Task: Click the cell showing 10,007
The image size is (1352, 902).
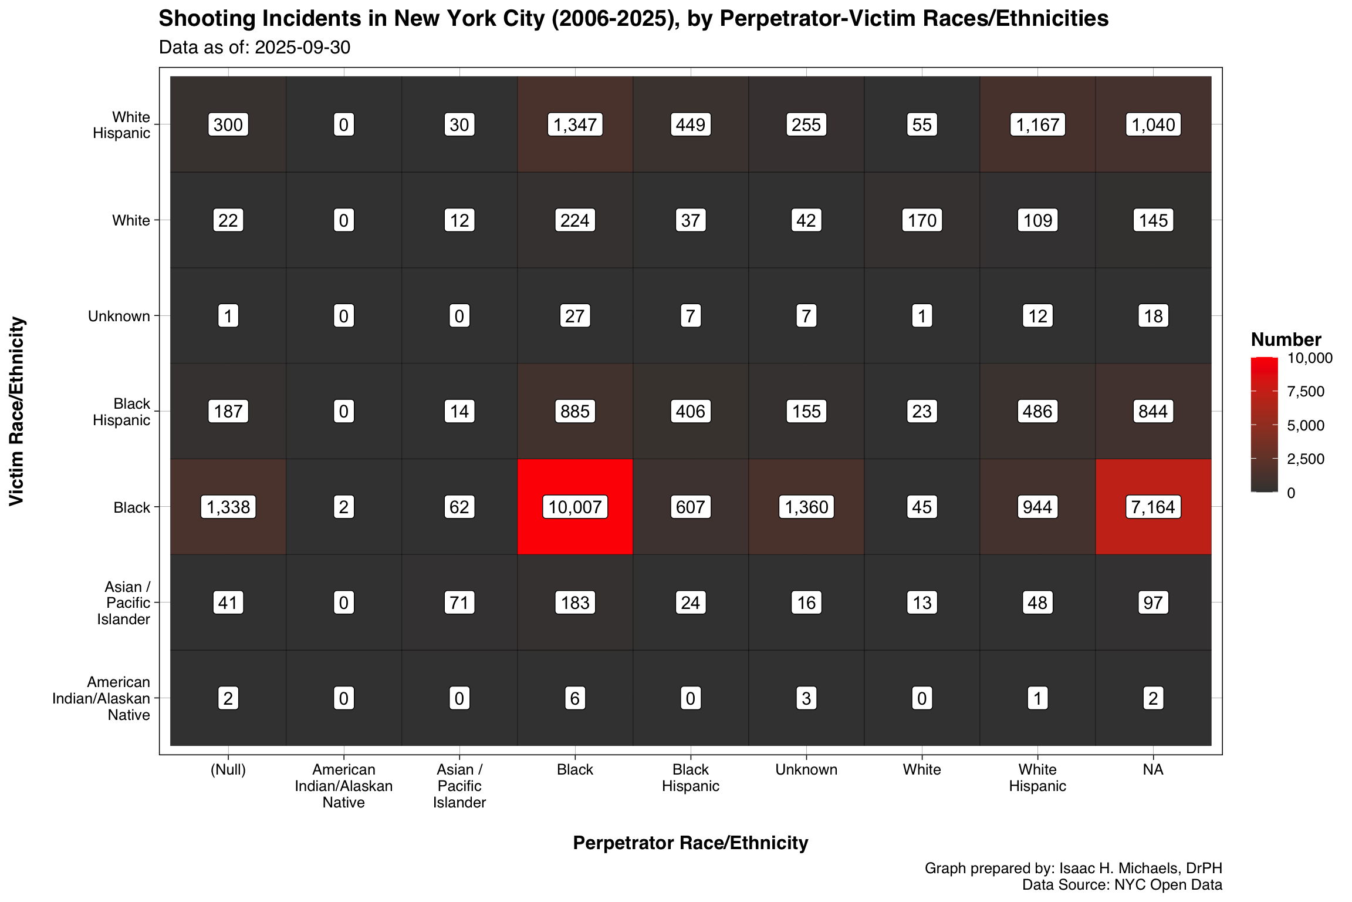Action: coord(575,507)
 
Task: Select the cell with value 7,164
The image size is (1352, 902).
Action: coord(1153,507)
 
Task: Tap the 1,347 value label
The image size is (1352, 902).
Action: coord(575,124)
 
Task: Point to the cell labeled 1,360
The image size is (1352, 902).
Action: coord(806,507)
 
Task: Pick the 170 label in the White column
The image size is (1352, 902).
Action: coord(922,220)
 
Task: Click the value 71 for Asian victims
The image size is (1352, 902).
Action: coord(459,603)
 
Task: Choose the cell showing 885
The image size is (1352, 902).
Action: coord(575,411)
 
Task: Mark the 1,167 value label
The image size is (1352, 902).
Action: coord(1037,124)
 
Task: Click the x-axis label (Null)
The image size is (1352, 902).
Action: coord(228,770)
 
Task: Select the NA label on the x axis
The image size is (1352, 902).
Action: coord(1153,770)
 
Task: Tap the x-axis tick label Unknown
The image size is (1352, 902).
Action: coord(806,770)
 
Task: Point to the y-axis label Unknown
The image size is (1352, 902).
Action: coord(119,317)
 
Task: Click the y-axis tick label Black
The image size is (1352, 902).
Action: coord(132,507)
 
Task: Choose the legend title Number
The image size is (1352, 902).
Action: coord(1286,339)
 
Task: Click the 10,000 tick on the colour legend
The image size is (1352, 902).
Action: coord(1309,358)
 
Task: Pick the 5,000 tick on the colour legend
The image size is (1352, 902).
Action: coord(1305,425)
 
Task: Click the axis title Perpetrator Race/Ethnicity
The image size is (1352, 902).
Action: coord(690,843)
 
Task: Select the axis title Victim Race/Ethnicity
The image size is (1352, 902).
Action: coord(18,411)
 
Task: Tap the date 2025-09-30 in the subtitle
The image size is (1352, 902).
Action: coord(302,47)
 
